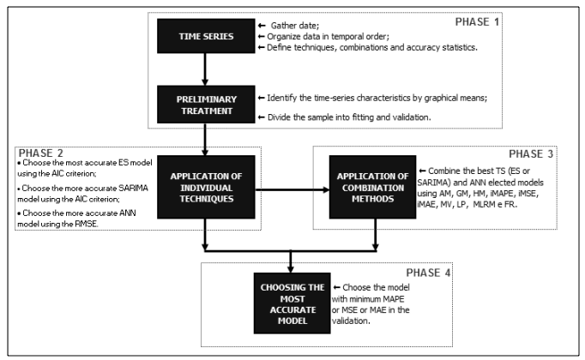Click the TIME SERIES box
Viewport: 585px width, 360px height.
click(x=206, y=36)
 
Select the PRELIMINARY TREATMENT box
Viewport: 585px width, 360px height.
click(x=206, y=105)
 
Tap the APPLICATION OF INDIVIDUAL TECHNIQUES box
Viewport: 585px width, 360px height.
click(x=206, y=187)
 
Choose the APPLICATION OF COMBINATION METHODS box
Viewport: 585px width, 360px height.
click(x=372, y=187)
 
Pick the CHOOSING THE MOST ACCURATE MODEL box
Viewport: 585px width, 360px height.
click(x=292, y=303)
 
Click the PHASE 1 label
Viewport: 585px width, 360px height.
click(x=477, y=22)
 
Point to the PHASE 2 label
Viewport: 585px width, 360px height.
click(x=40, y=153)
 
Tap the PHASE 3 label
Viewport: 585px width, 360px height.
click(x=530, y=154)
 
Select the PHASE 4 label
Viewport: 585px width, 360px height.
click(x=428, y=273)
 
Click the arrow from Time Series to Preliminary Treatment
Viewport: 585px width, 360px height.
click(x=205, y=69)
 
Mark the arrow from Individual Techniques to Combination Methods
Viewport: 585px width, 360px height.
click(x=292, y=189)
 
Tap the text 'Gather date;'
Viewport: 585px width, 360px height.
click(x=295, y=26)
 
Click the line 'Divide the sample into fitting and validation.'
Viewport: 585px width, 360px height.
click(x=349, y=117)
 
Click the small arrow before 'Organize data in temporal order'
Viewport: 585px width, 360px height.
click(x=261, y=37)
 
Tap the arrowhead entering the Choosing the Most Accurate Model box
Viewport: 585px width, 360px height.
click(x=291, y=268)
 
